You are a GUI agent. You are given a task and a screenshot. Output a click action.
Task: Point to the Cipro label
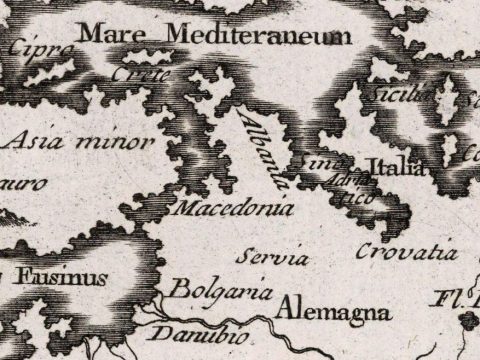(x=43, y=48)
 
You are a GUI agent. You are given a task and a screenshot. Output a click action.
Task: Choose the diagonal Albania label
(x=262, y=151)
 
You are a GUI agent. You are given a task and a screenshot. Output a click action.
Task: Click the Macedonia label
(x=232, y=211)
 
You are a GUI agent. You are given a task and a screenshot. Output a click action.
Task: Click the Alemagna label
(x=332, y=311)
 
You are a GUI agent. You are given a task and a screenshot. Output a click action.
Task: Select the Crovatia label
(x=406, y=251)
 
